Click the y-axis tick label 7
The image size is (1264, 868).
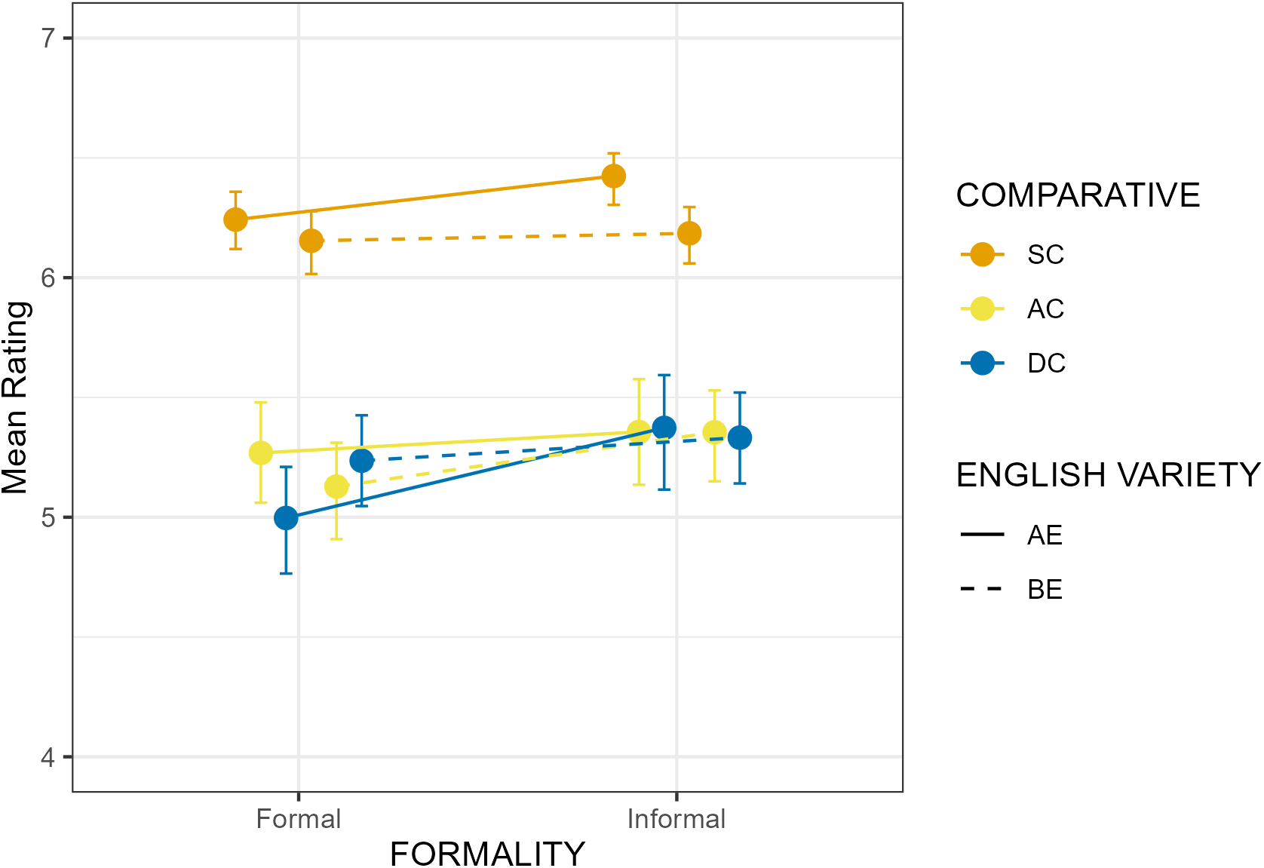(51, 38)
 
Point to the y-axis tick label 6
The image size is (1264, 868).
(51, 278)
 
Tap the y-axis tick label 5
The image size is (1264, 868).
(51, 517)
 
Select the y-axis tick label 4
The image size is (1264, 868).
(51, 757)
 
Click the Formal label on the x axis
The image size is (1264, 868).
(299, 819)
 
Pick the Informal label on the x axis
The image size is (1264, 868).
(676, 819)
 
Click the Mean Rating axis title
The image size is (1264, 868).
(15, 397)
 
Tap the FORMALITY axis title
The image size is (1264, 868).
(487, 854)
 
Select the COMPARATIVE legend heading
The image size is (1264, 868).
(1078, 195)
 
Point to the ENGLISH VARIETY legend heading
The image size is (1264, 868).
(1109, 475)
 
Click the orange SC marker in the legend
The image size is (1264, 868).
(983, 255)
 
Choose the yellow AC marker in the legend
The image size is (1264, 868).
(983, 308)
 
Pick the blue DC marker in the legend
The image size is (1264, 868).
(983, 363)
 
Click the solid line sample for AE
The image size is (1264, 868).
(983, 535)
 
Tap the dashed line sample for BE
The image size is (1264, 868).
(983, 589)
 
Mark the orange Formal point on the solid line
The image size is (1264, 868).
(236, 220)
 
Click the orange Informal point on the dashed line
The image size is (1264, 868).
(689, 234)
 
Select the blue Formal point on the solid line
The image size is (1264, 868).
(287, 518)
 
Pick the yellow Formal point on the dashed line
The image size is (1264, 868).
(336, 487)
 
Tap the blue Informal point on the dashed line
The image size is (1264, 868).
(740, 437)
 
